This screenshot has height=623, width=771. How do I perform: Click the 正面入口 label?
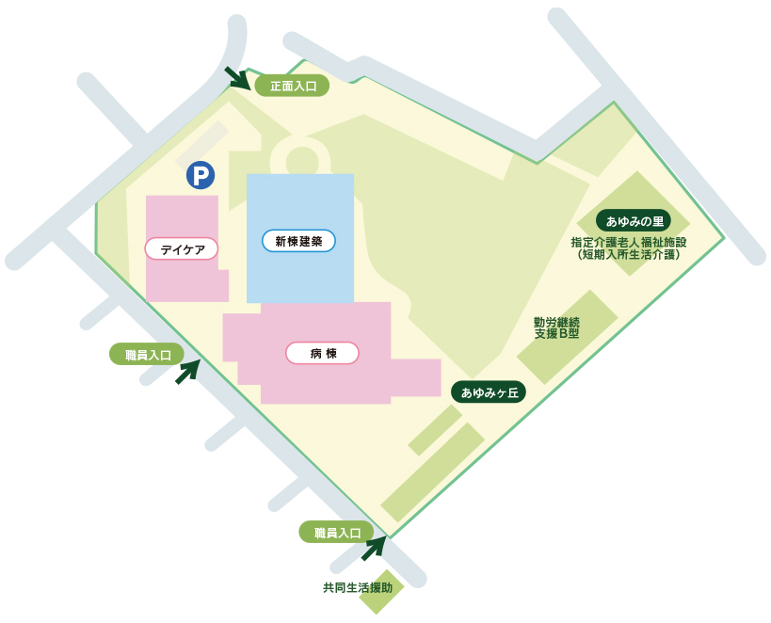click(x=292, y=86)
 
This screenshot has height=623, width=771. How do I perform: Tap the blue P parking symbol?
click(x=200, y=175)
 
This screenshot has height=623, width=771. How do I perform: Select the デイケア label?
click(x=182, y=248)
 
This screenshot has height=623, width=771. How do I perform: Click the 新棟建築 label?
click(x=298, y=241)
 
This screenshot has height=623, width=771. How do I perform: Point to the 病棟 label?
click(x=322, y=353)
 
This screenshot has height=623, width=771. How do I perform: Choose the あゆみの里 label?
click(x=634, y=221)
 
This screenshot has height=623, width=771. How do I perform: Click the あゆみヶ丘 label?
click(x=489, y=391)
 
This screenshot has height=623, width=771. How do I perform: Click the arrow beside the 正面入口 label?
click(x=237, y=78)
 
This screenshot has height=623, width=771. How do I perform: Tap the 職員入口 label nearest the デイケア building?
click(x=147, y=354)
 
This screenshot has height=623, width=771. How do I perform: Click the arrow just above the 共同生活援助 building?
click(x=375, y=548)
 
